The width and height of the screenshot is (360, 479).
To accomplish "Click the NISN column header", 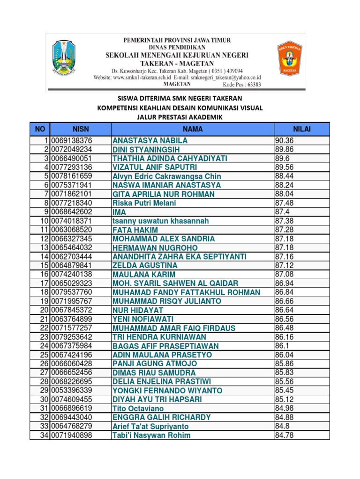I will (80, 129).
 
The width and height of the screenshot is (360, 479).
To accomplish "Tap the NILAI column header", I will (301, 129).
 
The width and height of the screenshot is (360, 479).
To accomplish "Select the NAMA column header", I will (192, 129).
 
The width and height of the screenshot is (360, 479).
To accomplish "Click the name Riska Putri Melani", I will (144, 203).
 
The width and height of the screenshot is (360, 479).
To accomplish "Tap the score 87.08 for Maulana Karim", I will (284, 274).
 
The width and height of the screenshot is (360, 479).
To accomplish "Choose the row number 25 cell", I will (40, 355).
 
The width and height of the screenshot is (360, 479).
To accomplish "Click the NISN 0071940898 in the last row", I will (71, 435).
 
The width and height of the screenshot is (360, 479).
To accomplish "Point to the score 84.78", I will (284, 435).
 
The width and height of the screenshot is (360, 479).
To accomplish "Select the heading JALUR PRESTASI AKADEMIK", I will (180, 117).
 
